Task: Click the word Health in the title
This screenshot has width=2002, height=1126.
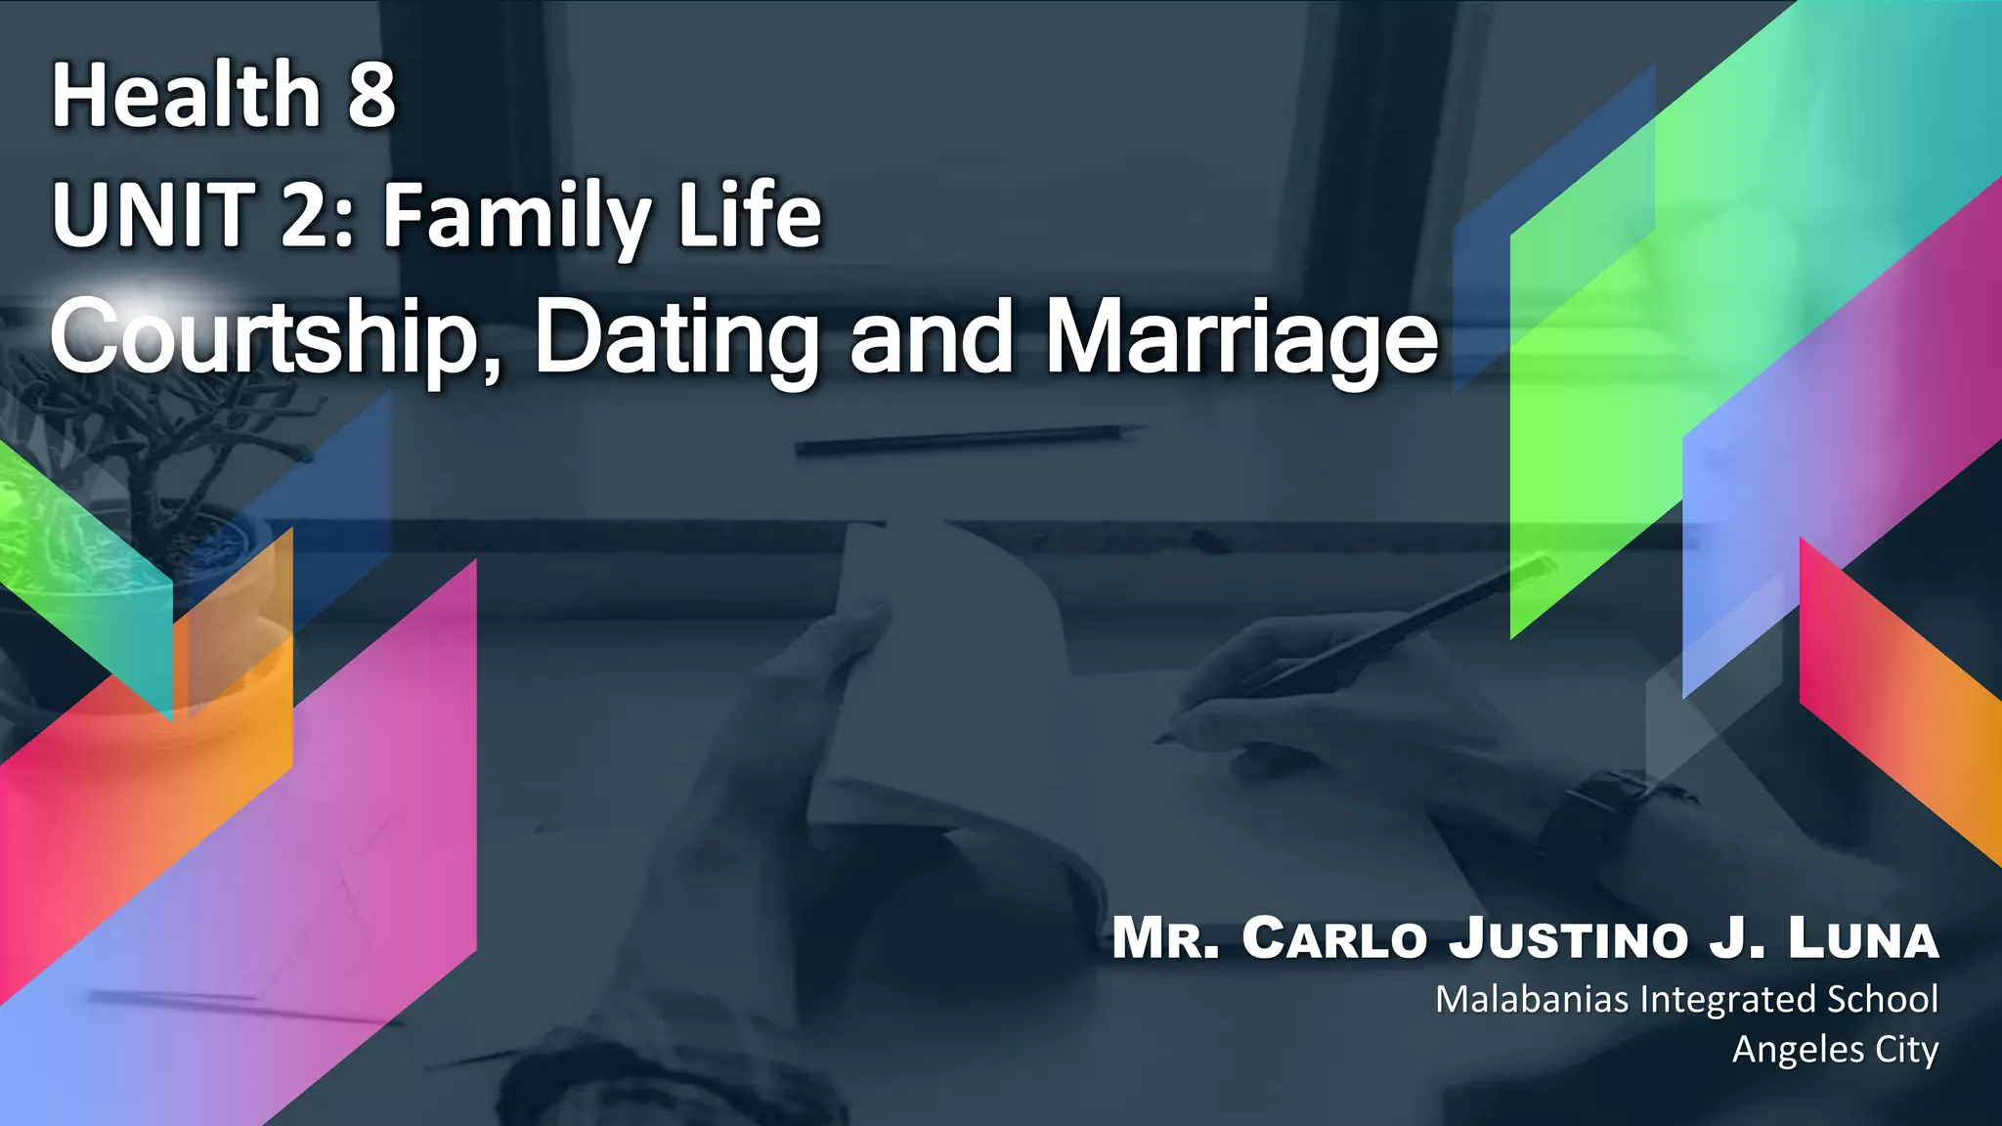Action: point(186,95)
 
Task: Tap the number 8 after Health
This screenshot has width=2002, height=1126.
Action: point(371,95)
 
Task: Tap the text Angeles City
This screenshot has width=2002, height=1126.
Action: point(1835,1050)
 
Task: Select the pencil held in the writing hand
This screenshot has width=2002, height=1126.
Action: point(1388,635)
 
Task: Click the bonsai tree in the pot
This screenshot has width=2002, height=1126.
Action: point(147,440)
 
